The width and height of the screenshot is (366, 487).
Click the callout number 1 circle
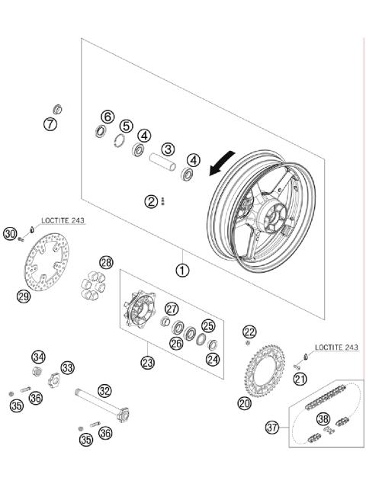pos(182,269)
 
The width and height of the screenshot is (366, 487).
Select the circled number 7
pos(50,125)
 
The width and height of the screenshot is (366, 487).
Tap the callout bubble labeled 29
pos(24,296)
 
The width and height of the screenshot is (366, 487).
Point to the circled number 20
pos(244,403)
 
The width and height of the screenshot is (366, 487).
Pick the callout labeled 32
pos(104,390)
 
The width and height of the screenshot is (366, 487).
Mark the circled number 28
pos(106,263)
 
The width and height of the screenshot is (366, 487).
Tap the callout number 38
pos(323,418)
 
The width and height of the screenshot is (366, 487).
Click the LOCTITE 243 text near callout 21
pos(335,348)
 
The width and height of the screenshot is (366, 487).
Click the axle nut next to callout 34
pos(37,372)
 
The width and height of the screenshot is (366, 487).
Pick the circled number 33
pos(68,368)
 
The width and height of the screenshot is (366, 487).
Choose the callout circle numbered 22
pos(249,331)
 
